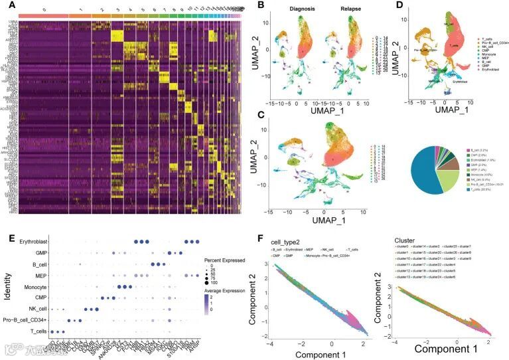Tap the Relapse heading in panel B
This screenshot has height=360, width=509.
tap(346, 10)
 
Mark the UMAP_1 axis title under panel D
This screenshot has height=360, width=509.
tap(442, 114)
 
